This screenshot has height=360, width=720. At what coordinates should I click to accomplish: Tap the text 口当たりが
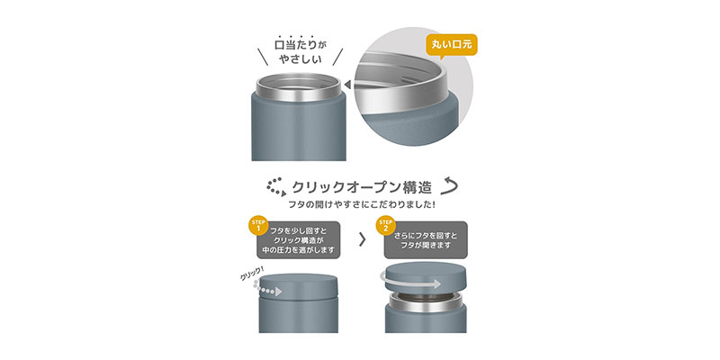[299, 45]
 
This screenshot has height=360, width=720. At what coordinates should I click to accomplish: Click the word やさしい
[300, 59]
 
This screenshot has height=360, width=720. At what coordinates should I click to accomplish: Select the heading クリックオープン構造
[362, 187]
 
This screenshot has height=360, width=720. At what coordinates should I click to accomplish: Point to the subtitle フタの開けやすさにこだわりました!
[362, 205]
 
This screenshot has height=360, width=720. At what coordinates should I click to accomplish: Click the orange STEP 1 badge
[257, 226]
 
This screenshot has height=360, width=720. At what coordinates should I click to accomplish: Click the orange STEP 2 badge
[385, 226]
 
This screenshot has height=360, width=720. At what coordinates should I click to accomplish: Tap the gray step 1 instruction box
[299, 240]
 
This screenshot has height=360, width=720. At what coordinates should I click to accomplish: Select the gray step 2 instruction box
[426, 240]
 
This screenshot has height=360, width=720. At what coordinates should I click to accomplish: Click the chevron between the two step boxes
[363, 239]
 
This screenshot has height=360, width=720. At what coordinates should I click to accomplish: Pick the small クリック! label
[252, 274]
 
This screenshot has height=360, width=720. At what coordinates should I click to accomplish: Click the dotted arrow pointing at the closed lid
[267, 289]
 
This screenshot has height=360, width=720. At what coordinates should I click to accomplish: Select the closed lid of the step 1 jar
[299, 284]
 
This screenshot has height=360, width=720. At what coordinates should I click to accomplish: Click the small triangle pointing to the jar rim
[347, 85]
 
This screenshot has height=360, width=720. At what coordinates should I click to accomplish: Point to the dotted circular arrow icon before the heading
[276, 187]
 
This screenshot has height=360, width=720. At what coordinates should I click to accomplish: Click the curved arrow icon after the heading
[448, 186]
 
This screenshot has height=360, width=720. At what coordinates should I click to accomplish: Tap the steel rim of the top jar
[299, 87]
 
